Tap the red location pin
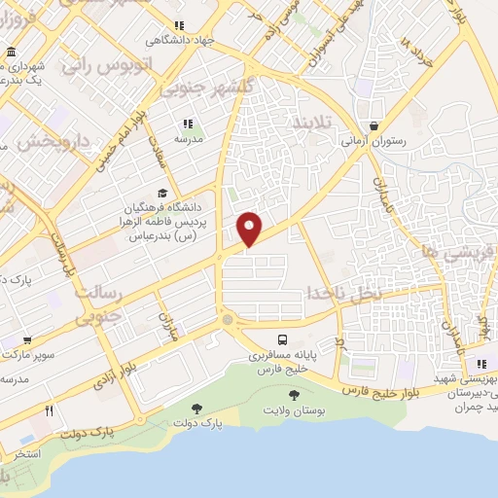pos(251,228)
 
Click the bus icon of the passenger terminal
pos(282,339)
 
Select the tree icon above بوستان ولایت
pos(295,394)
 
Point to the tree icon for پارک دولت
pos(171,409)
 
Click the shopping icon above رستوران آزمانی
pos(374,125)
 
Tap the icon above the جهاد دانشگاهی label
pos(177,26)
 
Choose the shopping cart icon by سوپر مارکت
pos(27,340)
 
